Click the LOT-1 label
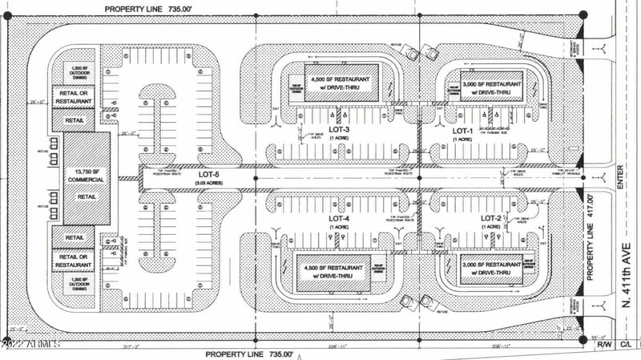pyautogui.click(x=462, y=130)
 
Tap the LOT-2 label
pyautogui.click(x=490, y=218)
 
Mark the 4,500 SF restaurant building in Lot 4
pyautogui.click(x=334, y=272)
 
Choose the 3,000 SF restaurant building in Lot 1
pyautogui.click(x=491, y=87)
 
